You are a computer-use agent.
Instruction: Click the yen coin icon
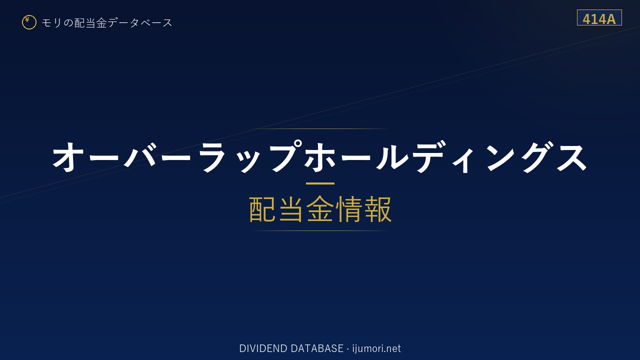[x=29, y=22]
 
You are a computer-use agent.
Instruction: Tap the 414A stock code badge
[x=599, y=17]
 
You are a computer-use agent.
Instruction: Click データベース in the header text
[x=140, y=22]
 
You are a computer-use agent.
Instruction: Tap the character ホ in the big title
[x=319, y=157]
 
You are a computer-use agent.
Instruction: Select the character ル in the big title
[x=392, y=157]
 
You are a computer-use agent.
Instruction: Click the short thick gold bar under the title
[x=320, y=183]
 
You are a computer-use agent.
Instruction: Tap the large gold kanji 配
[x=262, y=209]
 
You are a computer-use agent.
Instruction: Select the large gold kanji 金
[x=320, y=209]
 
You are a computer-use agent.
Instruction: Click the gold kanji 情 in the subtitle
[x=349, y=209]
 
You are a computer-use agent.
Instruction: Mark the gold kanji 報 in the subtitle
[x=378, y=209]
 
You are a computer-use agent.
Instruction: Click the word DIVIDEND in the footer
[x=263, y=348]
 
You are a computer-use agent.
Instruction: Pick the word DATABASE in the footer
[x=317, y=348]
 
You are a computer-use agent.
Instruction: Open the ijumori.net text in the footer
[x=376, y=348]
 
